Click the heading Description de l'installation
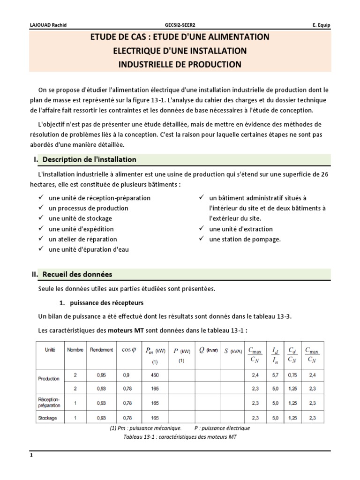pyautogui.click(x=89, y=159)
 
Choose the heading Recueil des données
pyautogui.click(x=77, y=274)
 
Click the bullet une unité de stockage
pyautogui.click(x=80, y=218)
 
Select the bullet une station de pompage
pyautogui.click(x=245, y=239)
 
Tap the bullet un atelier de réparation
pyautogui.click(x=83, y=239)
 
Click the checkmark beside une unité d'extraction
pyautogui.click(x=201, y=229)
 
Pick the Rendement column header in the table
pyautogui.click(x=102, y=349)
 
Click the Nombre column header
pyautogui.click(x=75, y=349)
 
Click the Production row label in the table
pyautogui.click(x=49, y=378)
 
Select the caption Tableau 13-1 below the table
pyautogui.click(x=180, y=437)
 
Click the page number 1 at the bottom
pyautogui.click(x=31, y=455)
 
